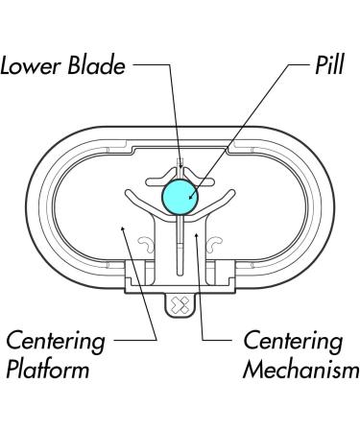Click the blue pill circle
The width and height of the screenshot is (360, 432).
(x=180, y=196)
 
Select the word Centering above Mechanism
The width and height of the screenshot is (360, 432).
(x=291, y=341)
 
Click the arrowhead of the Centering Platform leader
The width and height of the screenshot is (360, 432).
(x=123, y=228)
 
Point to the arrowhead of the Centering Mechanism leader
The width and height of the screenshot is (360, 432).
(x=196, y=232)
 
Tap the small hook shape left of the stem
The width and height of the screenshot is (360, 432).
(x=147, y=247)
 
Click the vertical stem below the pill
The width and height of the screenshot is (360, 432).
(x=180, y=240)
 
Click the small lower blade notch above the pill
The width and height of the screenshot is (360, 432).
(x=180, y=159)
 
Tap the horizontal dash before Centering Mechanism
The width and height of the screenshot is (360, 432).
(x=223, y=341)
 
